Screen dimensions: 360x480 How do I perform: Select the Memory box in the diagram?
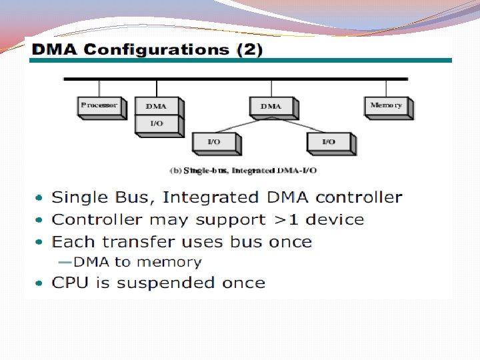387,106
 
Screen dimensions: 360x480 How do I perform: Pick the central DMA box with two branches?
271,106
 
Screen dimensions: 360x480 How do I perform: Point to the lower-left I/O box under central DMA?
215,142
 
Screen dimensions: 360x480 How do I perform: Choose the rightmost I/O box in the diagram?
329,142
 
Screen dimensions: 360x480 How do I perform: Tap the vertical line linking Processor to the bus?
99,88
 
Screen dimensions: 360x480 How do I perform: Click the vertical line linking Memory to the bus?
386,88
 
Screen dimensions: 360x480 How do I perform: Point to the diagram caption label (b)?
176,171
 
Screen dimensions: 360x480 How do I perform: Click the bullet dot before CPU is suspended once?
39,284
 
